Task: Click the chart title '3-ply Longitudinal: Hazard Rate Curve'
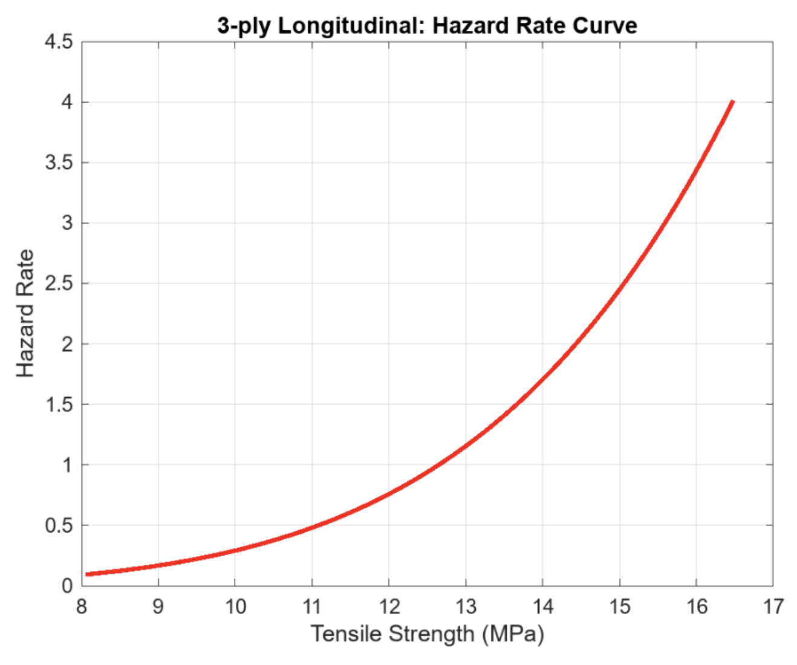[427, 25]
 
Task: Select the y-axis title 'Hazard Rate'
[25, 314]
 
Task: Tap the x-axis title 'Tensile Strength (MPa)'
[427, 634]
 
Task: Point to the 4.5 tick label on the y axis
[58, 42]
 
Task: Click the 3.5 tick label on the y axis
[58, 163]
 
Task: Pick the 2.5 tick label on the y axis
[58, 284]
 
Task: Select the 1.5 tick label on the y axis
[58, 404]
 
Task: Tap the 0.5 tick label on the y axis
[58, 525]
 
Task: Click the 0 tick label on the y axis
[67, 585]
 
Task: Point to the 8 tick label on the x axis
[82, 606]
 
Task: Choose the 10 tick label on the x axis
[235, 606]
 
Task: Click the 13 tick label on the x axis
[466, 606]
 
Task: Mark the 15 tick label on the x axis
[619, 606]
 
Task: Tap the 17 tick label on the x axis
[773, 606]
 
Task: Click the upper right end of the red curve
[733, 102]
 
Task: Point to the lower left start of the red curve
[87, 574]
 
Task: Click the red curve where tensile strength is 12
[389, 493]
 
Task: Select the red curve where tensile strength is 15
[619, 285]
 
